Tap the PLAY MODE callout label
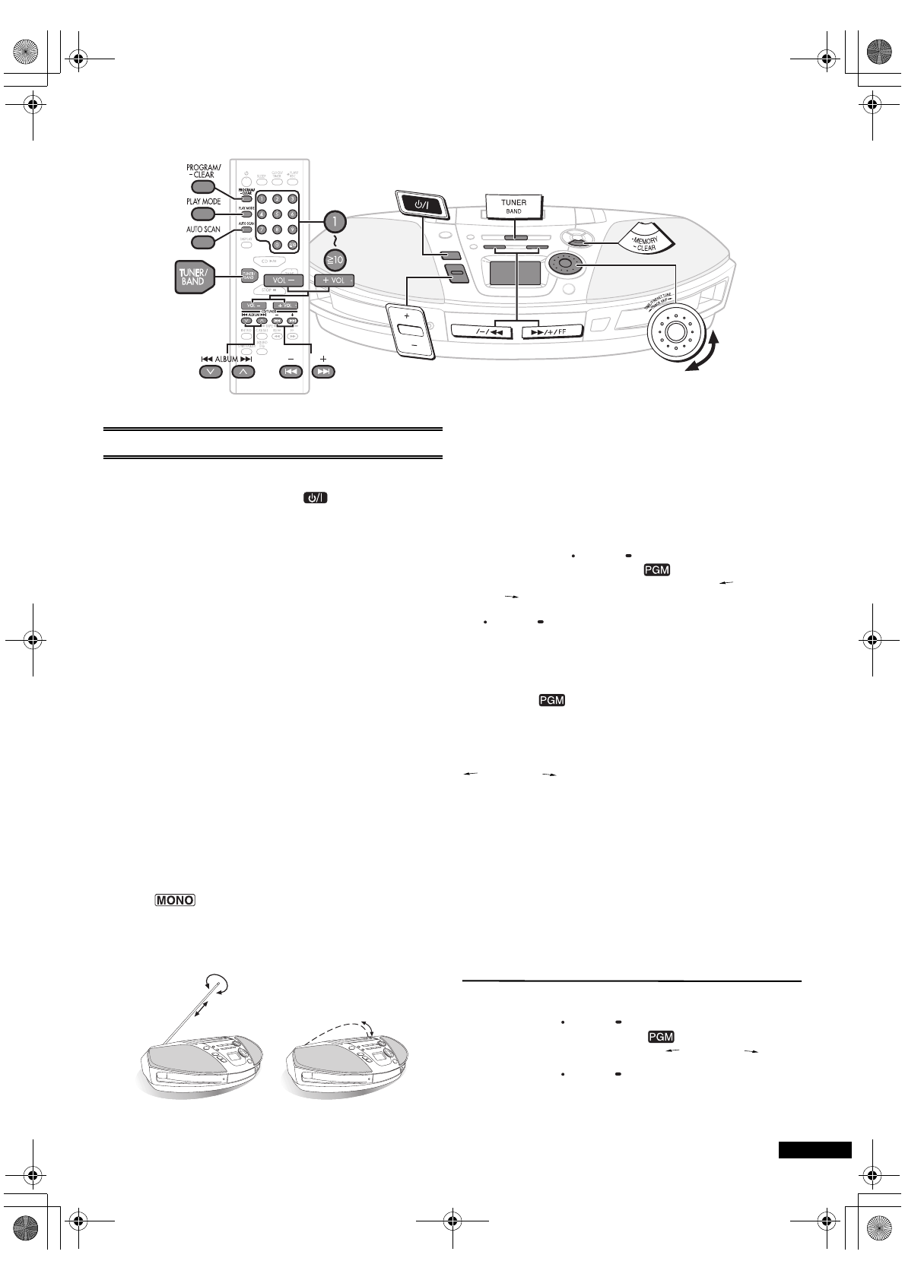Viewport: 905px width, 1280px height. (x=204, y=202)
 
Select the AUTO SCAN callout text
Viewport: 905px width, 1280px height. (x=203, y=229)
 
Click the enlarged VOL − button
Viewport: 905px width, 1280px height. (x=284, y=280)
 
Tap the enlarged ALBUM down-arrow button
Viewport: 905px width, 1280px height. (x=210, y=372)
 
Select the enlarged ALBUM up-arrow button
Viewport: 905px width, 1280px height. (x=243, y=372)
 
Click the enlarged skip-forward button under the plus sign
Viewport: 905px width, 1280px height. (x=323, y=372)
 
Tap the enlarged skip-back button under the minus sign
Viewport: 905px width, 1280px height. (x=291, y=372)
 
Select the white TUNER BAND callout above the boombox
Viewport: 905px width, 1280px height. (x=513, y=206)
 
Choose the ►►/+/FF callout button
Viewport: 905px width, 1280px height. (x=551, y=331)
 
